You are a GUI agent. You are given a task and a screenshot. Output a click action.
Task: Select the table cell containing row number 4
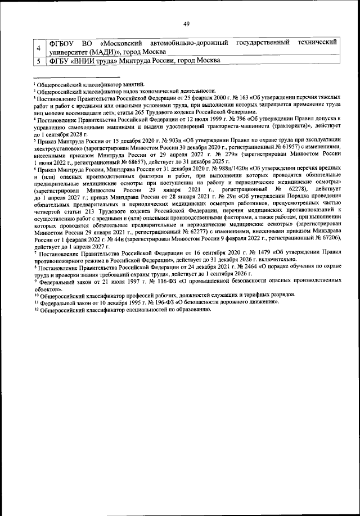[x=38, y=47]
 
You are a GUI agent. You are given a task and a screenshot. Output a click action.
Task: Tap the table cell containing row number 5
[x=38, y=60]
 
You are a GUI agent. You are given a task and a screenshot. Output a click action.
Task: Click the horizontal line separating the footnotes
[x=75, y=78]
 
